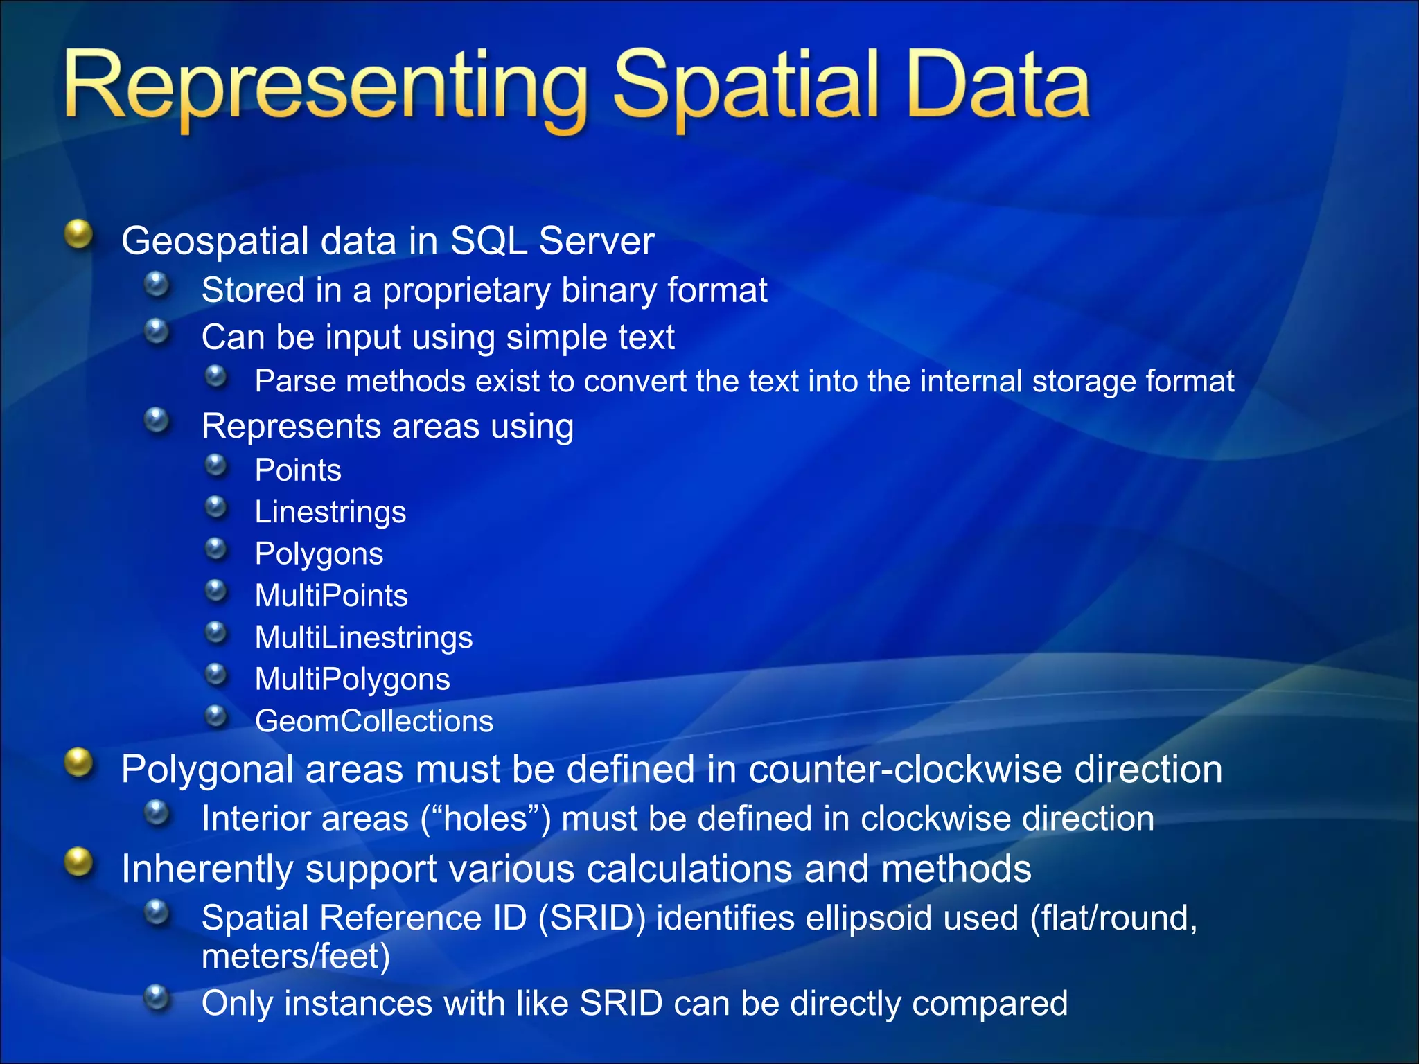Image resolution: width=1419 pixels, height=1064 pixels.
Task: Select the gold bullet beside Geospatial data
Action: pyautogui.click(x=79, y=234)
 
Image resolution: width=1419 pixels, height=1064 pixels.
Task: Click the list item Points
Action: pyautogui.click(x=298, y=470)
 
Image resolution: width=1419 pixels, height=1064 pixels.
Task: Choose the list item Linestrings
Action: pyautogui.click(x=330, y=512)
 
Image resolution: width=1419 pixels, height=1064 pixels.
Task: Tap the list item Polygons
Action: pyautogui.click(x=319, y=554)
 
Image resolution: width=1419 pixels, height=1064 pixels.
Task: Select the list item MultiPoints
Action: pyautogui.click(x=331, y=596)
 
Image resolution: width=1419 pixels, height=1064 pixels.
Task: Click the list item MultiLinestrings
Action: pyautogui.click(x=363, y=637)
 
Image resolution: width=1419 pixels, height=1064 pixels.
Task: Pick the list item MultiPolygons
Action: pyautogui.click(x=352, y=680)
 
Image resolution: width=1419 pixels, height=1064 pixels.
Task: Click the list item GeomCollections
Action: pyautogui.click(x=374, y=721)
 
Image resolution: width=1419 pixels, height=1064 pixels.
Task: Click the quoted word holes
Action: pyautogui.click(x=485, y=819)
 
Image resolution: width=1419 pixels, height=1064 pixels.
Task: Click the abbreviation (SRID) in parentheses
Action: pyautogui.click(x=592, y=919)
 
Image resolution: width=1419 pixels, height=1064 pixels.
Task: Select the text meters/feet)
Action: pyautogui.click(x=296, y=957)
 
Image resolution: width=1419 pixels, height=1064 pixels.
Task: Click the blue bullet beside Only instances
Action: pyautogui.click(x=157, y=998)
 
